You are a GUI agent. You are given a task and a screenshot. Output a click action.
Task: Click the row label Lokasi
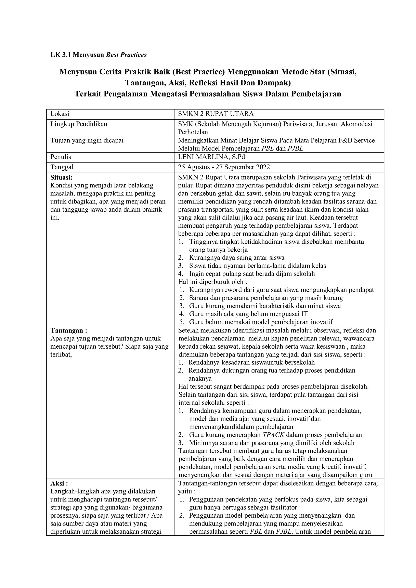60,114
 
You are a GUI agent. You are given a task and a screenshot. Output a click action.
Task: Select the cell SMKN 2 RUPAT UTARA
216,114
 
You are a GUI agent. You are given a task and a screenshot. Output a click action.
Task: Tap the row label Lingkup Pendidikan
79,124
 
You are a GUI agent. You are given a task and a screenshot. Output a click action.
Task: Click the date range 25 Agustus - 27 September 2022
224,167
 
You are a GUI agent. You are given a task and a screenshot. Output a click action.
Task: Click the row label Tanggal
62,167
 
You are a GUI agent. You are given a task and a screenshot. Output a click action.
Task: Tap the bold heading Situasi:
62,177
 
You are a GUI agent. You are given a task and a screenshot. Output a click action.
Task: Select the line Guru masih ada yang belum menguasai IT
248,314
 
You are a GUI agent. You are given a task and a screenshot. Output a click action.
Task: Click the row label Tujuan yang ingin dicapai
87,140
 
